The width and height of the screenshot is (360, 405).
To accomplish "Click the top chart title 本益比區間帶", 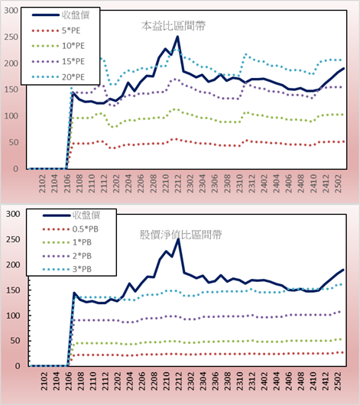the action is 174,26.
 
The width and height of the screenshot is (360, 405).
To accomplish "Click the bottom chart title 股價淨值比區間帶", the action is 181,235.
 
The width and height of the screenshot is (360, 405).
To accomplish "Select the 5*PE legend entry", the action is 57,31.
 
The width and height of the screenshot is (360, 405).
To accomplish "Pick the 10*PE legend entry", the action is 58,46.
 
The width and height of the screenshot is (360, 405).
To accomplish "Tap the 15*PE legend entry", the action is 58,61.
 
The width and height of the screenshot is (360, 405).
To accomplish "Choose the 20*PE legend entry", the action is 58,77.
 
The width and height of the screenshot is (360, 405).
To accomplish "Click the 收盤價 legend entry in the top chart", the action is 60,15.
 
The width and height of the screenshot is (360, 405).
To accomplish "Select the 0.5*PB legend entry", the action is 70,229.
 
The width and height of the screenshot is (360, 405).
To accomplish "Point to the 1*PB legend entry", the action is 67,242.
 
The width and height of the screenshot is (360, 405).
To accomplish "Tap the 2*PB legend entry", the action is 67,256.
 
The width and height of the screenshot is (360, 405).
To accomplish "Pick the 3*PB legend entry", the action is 67,269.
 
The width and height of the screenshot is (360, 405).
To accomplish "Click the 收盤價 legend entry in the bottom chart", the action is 72,215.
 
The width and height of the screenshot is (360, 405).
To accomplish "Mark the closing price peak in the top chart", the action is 177,37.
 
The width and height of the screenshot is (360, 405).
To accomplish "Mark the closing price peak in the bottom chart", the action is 178,239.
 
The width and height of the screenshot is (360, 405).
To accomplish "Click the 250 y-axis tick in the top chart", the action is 11,37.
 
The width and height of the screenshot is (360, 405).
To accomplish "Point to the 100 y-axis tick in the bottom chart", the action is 13,316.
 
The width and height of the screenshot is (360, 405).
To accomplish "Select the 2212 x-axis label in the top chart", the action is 178,183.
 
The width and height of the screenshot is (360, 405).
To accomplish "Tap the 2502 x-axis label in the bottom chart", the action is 339,381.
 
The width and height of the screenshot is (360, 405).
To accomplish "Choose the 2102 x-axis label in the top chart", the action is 42,183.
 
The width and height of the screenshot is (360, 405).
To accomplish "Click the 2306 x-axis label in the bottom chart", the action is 215,381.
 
